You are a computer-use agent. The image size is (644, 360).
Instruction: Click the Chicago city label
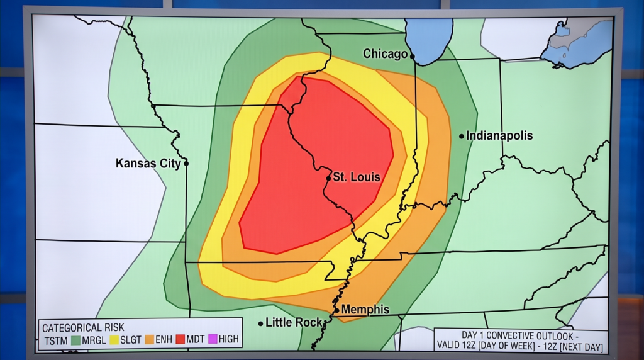coord(385,54)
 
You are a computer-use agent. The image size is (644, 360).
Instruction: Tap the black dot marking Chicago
coord(413,56)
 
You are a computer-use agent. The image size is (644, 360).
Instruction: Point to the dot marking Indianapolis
coord(462,135)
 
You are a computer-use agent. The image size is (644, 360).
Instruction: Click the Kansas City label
coord(148,163)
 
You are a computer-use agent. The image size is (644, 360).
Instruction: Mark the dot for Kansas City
coord(186,163)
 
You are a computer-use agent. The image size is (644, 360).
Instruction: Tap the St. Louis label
coord(357,177)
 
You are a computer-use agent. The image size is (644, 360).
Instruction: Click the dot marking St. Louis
coord(328,178)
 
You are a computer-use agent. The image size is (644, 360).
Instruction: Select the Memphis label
coord(365,310)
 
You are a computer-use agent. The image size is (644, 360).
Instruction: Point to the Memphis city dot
coord(336,310)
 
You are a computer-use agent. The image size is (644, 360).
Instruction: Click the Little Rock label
coord(294,323)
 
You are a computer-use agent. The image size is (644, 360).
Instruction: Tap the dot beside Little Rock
coord(261,323)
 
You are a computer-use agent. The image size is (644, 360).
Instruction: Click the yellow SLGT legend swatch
coord(115,339)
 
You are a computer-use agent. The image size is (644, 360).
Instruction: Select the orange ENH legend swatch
coord(150,339)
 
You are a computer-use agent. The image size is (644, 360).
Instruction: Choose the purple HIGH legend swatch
coord(213,339)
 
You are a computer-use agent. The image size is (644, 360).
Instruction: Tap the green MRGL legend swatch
coord(76,339)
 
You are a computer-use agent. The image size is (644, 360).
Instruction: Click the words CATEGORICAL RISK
coord(83,327)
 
